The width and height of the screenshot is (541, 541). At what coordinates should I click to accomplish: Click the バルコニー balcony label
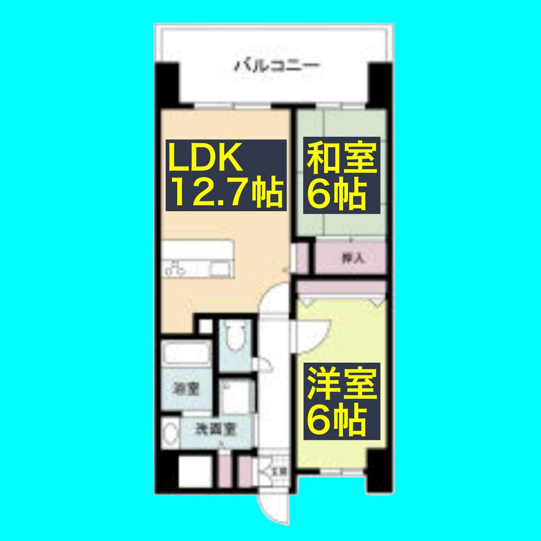[x=277, y=65]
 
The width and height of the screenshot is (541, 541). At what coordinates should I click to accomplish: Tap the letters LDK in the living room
[x=205, y=157]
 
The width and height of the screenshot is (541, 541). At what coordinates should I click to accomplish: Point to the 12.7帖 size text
[x=227, y=193]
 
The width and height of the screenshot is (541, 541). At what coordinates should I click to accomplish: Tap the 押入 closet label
[x=352, y=258]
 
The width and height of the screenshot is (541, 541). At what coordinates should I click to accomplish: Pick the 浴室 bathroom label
[x=185, y=389]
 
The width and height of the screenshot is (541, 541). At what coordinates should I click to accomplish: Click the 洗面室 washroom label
[x=216, y=429]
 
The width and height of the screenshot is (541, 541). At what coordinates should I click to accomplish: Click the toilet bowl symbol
[x=235, y=337]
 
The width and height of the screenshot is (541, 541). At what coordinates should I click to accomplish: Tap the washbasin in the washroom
[x=170, y=434]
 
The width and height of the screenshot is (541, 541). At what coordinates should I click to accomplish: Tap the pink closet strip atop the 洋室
[x=341, y=287]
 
